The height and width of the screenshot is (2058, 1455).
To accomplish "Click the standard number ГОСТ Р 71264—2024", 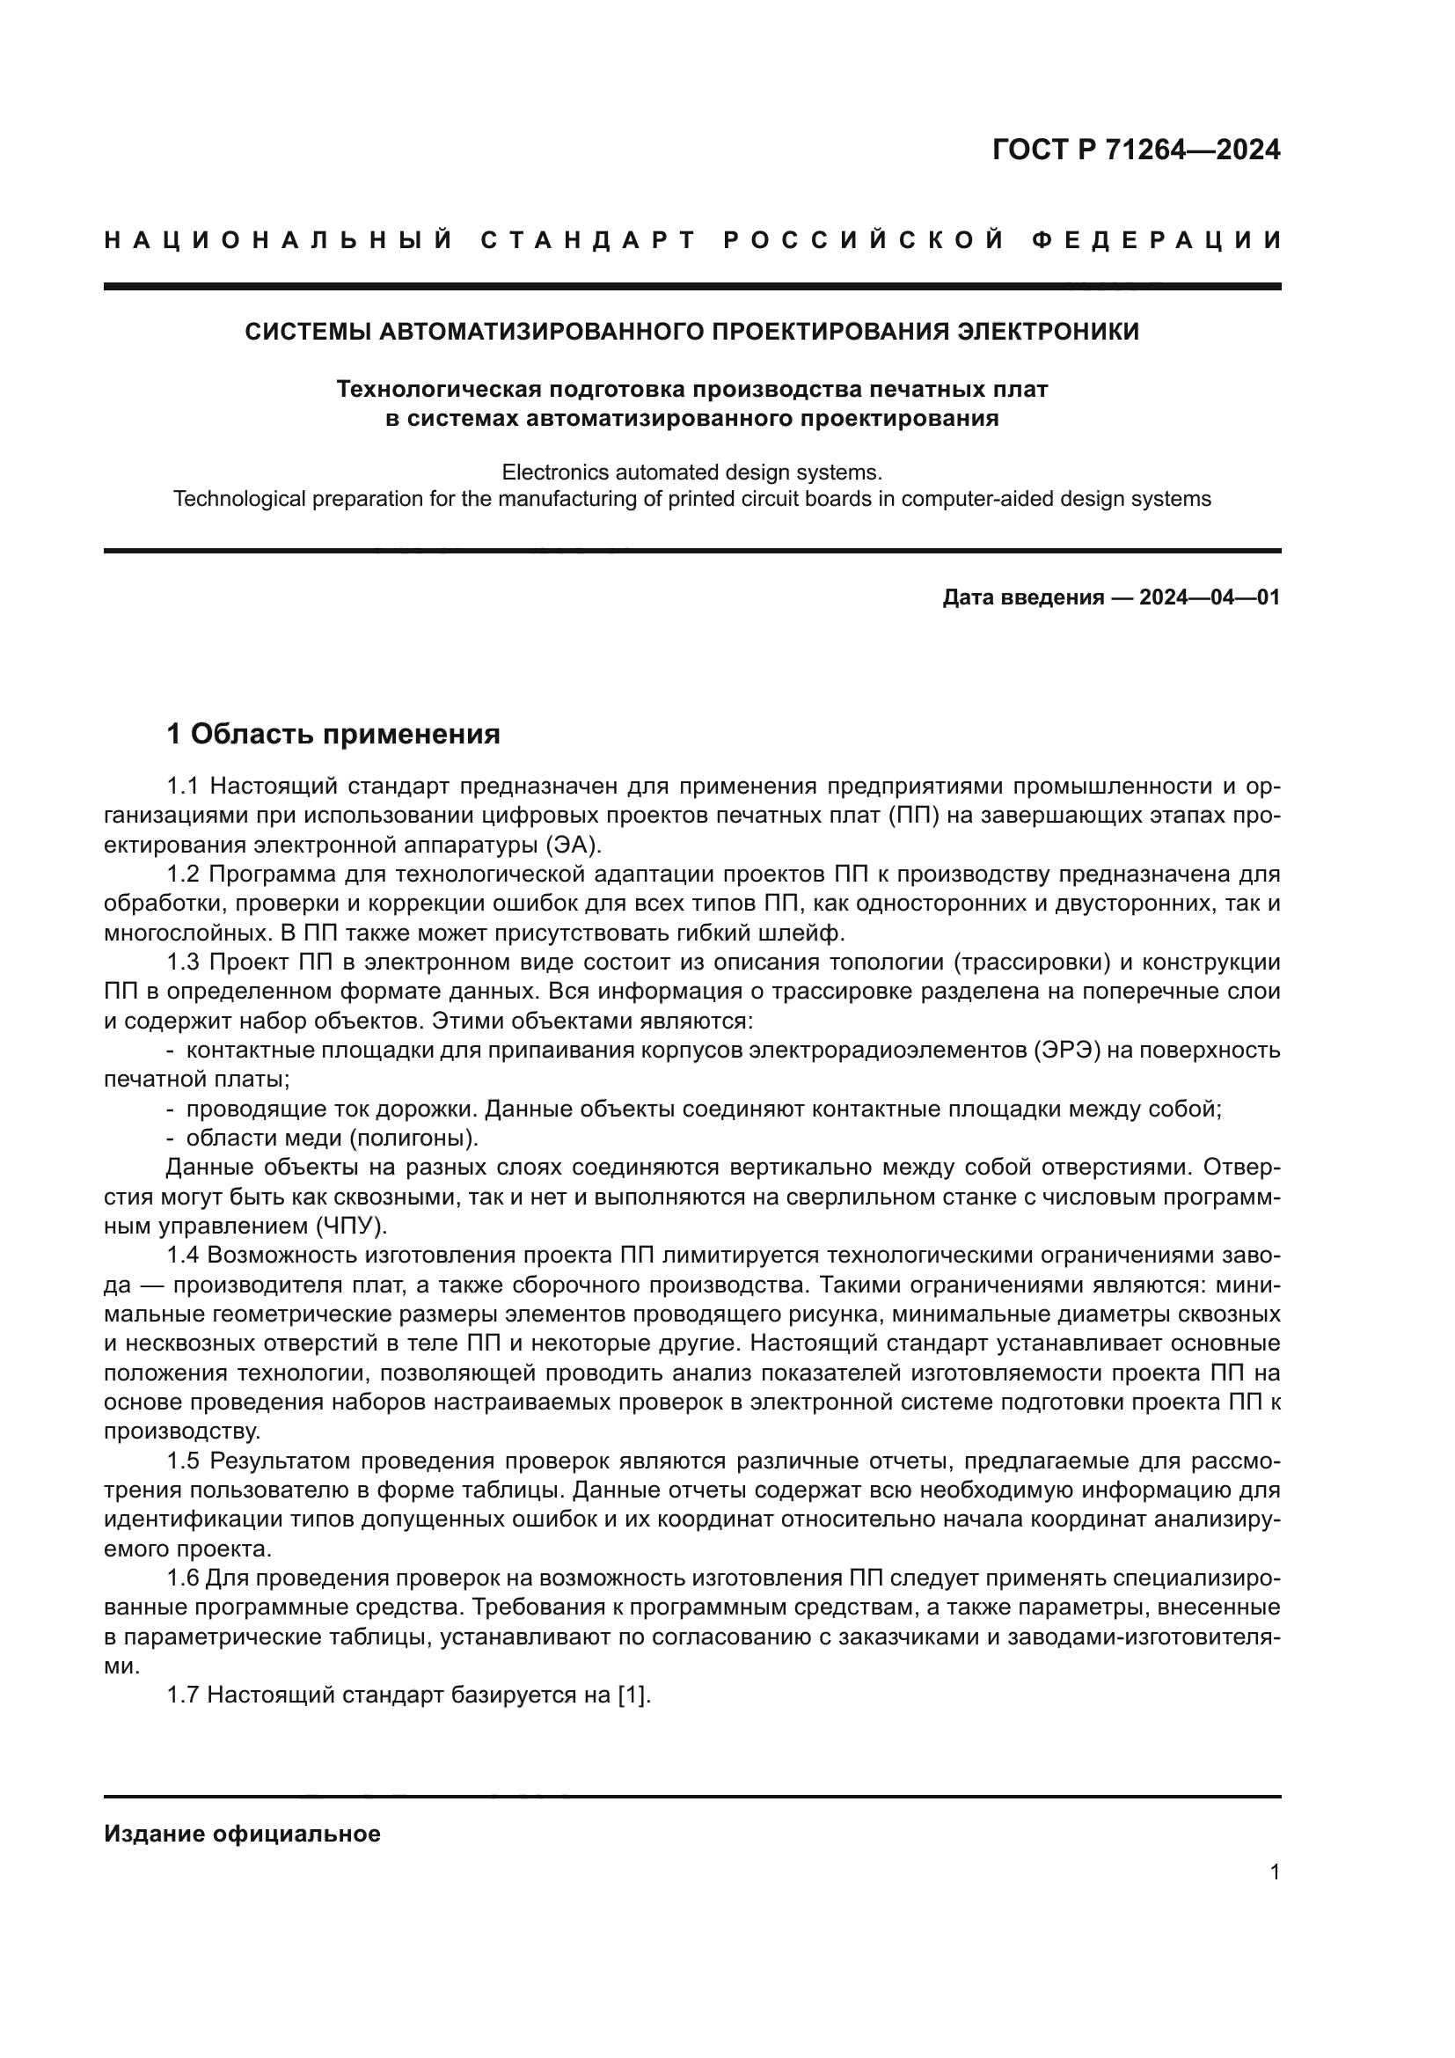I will coord(1136,150).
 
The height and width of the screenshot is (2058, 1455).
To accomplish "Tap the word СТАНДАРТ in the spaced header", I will coord(589,241).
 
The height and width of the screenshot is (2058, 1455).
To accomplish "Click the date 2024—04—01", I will coord(1210,597).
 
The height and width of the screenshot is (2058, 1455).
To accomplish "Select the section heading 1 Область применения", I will coord(333,735).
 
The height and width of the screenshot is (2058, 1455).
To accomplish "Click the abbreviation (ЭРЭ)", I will coord(1066,1051).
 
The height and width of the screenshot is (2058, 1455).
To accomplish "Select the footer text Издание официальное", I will coord(242,1835).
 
